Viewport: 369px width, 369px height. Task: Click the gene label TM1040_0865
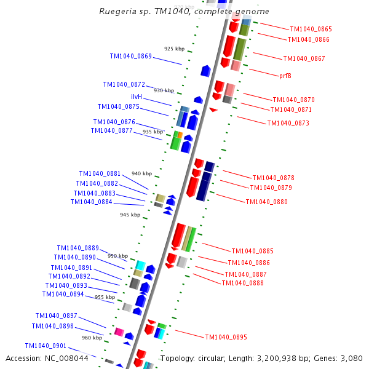click(311, 29)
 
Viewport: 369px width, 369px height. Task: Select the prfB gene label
click(285, 76)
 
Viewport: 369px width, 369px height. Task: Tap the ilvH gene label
click(137, 97)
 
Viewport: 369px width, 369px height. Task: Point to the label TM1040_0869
click(130, 56)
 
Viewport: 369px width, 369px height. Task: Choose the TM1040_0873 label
click(288, 123)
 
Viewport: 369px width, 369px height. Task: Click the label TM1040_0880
click(266, 202)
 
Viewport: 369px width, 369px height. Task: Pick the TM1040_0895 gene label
click(226, 337)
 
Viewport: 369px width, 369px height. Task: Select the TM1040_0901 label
click(46, 346)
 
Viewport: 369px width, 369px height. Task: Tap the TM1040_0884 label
click(91, 202)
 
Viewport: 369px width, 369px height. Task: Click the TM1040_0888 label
click(242, 283)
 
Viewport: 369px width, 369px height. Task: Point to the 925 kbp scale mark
click(174, 49)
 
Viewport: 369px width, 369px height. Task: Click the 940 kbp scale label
click(141, 173)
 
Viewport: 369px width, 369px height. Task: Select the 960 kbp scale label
click(92, 338)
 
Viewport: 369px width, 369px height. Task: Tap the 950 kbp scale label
click(117, 256)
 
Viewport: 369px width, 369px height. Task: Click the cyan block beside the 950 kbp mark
click(140, 265)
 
